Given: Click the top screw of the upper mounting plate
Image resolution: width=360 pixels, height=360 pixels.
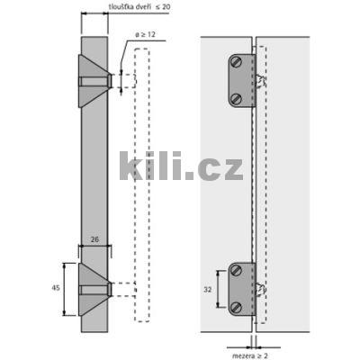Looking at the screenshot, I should pyautogui.click(x=236, y=64).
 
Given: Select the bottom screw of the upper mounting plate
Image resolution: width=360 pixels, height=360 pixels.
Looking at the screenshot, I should pyautogui.click(x=236, y=97).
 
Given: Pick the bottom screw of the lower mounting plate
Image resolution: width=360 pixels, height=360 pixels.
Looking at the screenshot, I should pyautogui.click(x=237, y=306).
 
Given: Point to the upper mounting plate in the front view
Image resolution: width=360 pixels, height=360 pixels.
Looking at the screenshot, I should pyautogui.click(x=240, y=81).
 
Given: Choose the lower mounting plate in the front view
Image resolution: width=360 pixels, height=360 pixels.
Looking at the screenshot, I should pyautogui.click(x=240, y=288).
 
